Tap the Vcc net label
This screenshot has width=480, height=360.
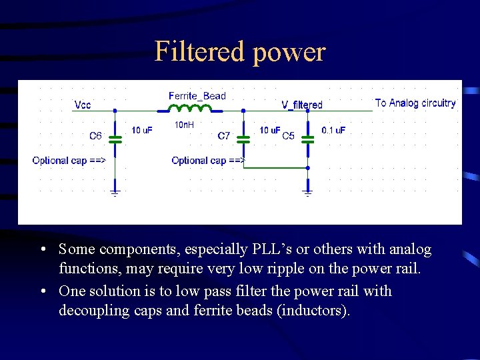coord(83,105)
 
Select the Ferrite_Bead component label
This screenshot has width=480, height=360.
coord(197,96)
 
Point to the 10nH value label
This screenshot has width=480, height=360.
coord(184,125)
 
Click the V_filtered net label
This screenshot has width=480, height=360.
coord(301,105)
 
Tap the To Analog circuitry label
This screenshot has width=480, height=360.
coord(415,103)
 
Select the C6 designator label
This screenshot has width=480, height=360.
coord(96,136)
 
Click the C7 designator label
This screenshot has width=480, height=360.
coord(224,136)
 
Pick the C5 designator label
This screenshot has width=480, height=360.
coord(288,136)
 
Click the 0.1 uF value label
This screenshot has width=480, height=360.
coord(333,130)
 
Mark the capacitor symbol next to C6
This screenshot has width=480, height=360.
coord(115,141)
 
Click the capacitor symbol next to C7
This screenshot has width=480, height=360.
coord(243,141)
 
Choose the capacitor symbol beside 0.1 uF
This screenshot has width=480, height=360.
coord(307,141)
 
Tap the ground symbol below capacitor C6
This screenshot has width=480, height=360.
coord(115,193)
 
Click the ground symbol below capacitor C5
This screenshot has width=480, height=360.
coord(307,193)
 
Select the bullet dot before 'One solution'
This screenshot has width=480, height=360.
coord(43,291)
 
